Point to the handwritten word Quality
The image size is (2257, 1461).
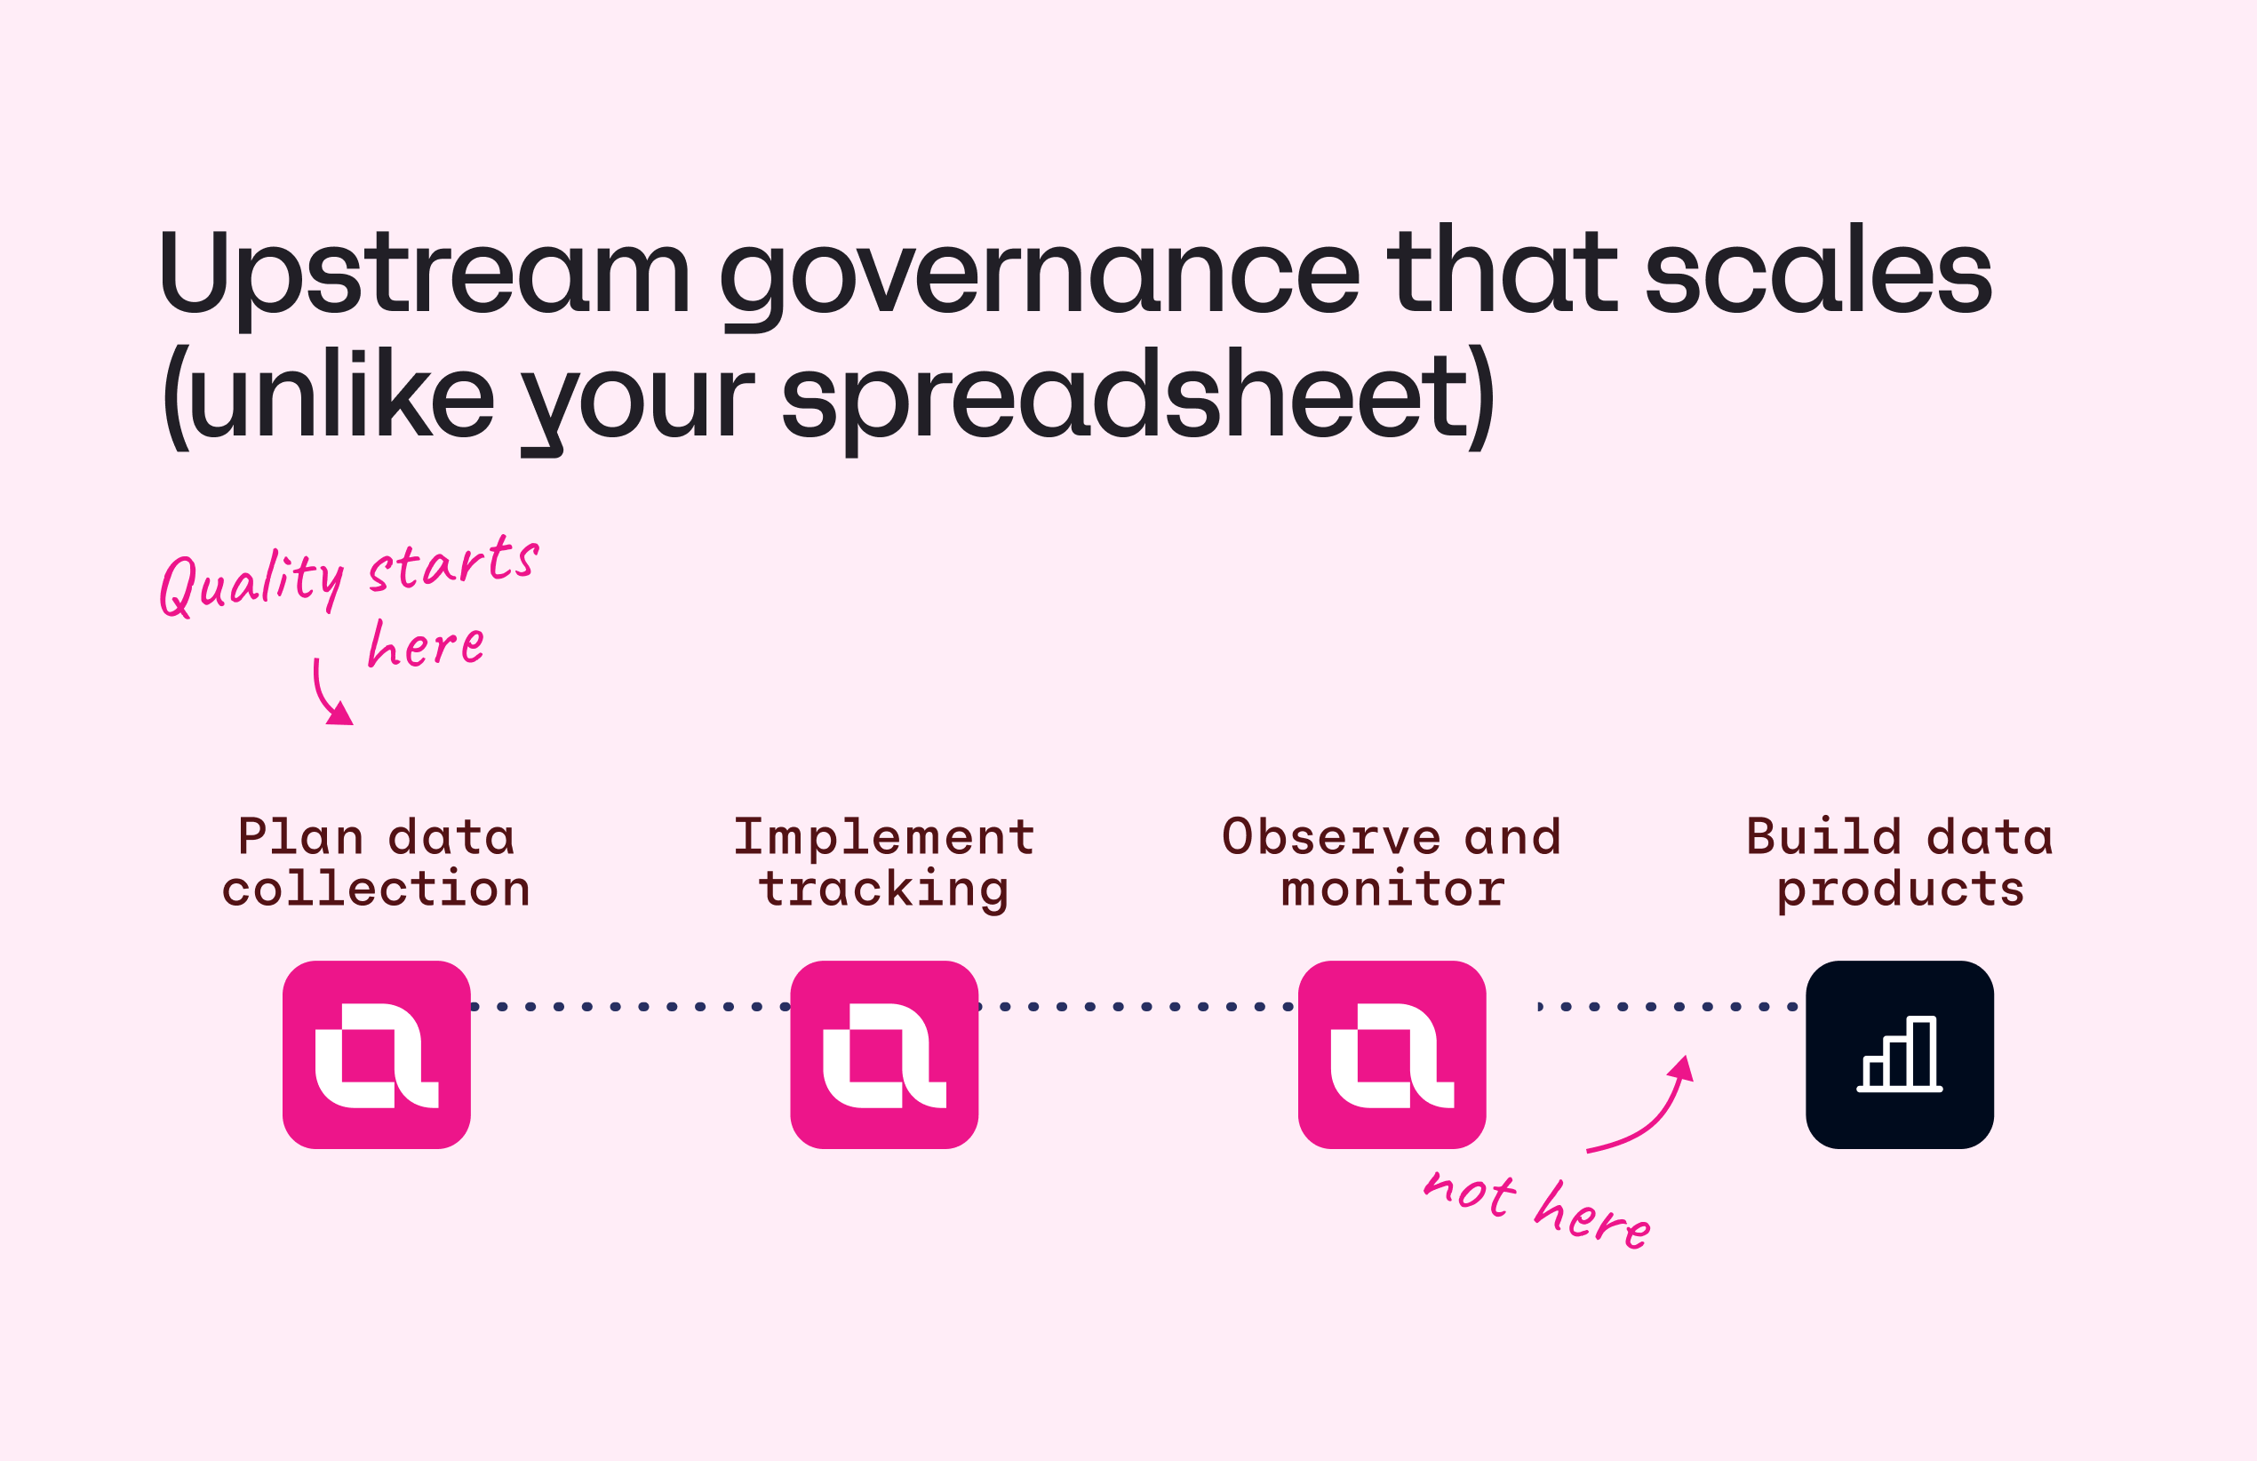click(251, 581)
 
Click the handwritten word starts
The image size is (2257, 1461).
click(453, 563)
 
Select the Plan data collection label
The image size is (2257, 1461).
click(377, 862)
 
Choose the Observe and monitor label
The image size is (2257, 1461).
click(1392, 862)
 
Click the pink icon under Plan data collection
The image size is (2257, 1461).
click(377, 1055)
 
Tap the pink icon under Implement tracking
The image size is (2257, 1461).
click(884, 1055)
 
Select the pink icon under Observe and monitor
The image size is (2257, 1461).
click(1392, 1055)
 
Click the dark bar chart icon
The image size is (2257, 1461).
click(1900, 1055)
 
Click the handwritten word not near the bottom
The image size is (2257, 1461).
click(1470, 1193)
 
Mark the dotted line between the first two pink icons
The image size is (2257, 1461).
click(631, 1007)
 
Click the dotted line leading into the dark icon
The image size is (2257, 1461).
click(1669, 1007)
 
